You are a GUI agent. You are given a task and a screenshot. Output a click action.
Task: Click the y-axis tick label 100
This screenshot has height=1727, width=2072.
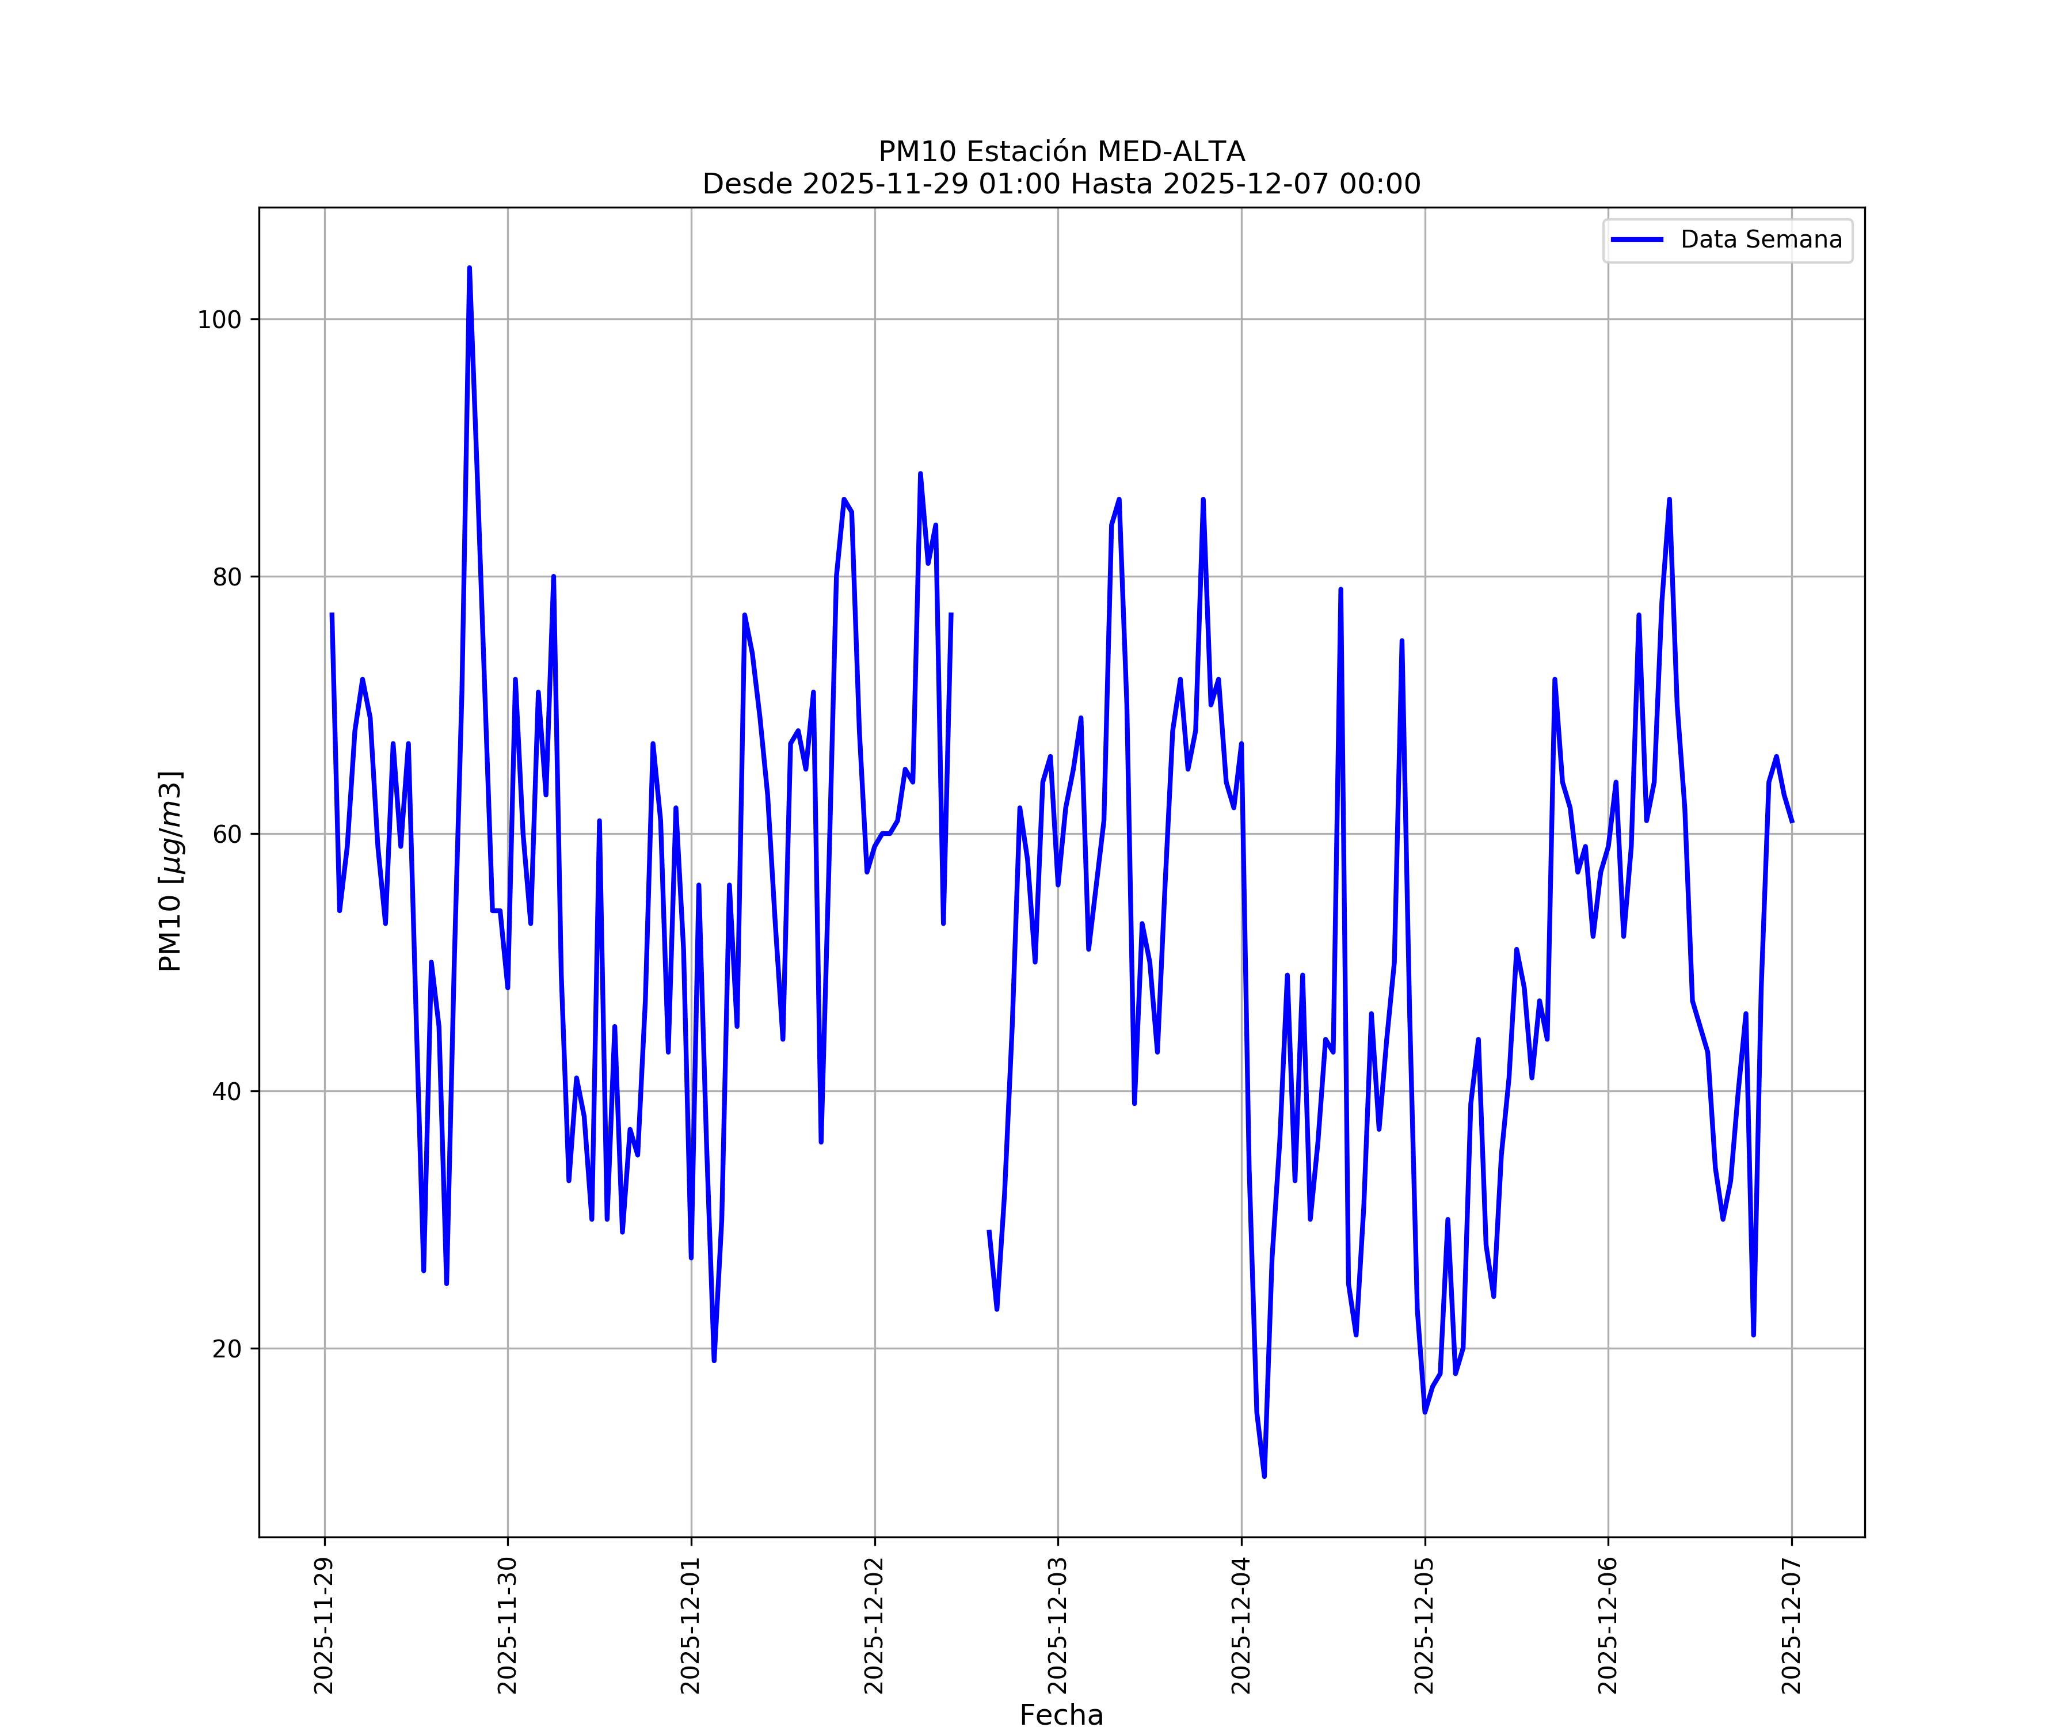219,319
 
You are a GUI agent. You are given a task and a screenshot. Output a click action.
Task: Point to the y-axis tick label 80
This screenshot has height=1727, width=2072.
227,577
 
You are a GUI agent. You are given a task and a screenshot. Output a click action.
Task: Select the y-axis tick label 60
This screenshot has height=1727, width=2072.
227,834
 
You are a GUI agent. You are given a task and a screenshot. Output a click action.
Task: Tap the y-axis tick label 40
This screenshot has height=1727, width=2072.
227,1091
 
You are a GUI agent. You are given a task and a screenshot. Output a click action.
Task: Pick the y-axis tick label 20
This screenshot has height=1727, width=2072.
227,1349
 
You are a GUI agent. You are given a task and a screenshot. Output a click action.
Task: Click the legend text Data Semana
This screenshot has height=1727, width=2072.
1761,240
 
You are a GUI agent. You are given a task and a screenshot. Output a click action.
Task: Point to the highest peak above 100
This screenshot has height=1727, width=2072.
470,268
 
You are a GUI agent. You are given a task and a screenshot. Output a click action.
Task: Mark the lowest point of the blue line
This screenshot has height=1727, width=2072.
1264,1477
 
